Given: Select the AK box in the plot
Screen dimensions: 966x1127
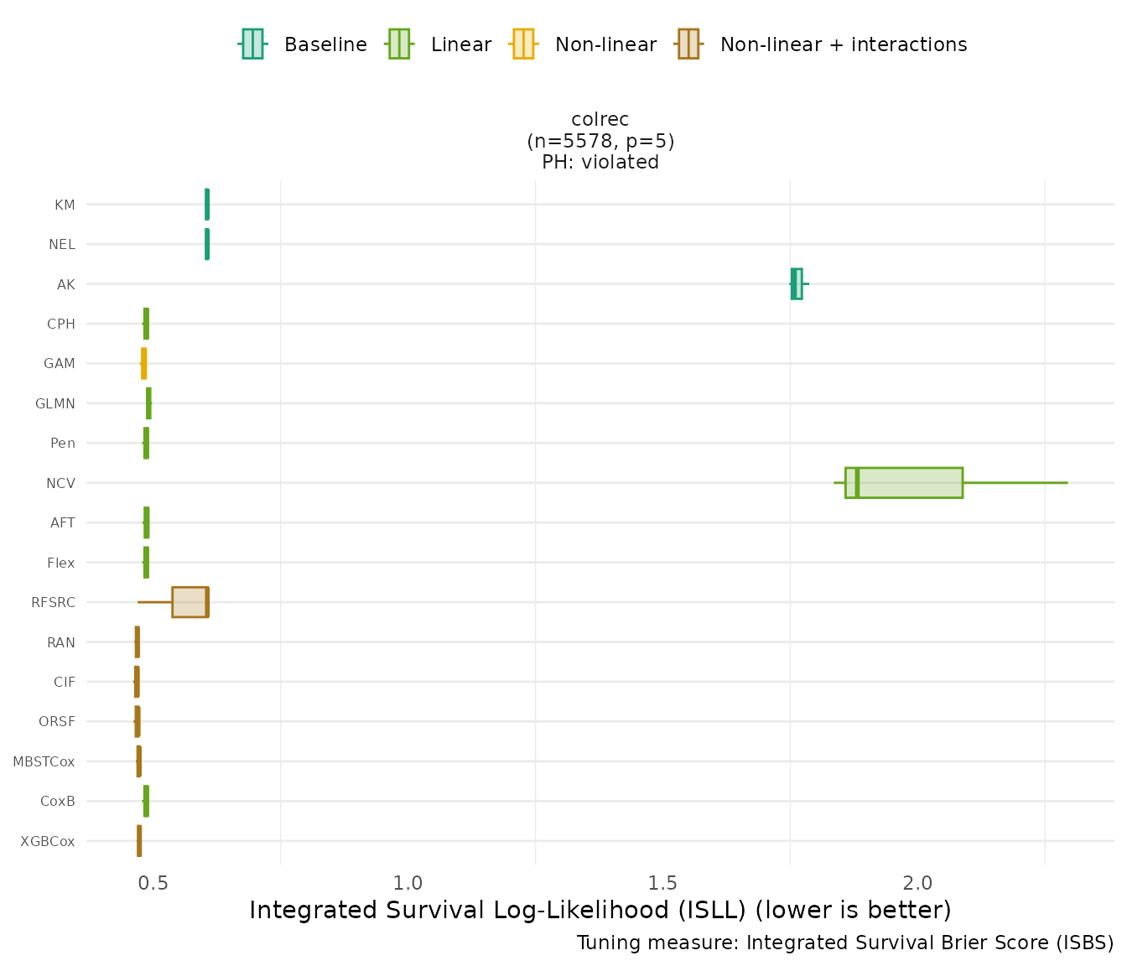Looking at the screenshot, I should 797,284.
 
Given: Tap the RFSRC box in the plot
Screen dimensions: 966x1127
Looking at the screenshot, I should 190,602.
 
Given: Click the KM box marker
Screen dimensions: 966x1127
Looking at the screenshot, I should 207,205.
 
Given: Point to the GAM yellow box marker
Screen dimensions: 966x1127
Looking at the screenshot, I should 144,364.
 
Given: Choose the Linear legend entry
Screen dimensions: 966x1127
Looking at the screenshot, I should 439,44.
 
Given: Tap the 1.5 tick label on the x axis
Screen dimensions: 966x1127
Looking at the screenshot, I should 662,883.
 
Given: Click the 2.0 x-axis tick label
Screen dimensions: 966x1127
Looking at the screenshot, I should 917,883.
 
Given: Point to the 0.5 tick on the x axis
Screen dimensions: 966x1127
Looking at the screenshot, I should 153,883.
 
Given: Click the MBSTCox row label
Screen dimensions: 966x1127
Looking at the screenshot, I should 44,762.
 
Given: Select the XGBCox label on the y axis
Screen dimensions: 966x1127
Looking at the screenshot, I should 48,841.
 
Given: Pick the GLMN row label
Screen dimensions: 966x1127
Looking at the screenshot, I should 55,404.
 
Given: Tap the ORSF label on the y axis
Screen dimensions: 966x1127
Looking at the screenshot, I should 57,722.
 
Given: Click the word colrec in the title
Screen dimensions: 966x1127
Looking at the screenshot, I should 600,120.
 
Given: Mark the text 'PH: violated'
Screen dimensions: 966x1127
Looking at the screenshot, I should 600,163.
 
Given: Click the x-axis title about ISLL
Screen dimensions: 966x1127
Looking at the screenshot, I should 600,911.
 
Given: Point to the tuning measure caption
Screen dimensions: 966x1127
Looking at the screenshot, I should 845,943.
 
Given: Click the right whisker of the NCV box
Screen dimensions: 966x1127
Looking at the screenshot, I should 1015,483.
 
